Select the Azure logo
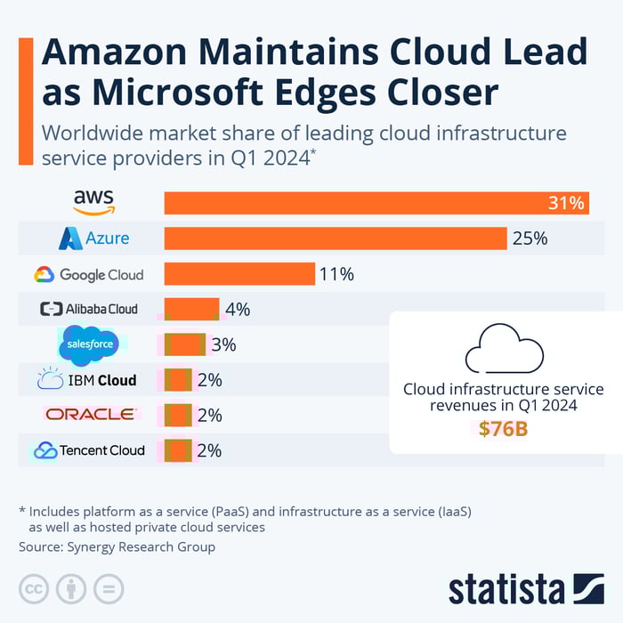(x=93, y=238)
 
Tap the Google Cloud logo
(x=88, y=274)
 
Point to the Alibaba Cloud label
(x=89, y=309)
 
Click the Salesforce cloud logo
(x=88, y=345)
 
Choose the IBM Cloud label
(x=87, y=380)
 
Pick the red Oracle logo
(x=90, y=414)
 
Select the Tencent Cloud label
(x=89, y=450)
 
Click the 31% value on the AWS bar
(x=566, y=203)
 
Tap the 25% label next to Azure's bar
(x=529, y=239)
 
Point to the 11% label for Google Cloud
(x=336, y=274)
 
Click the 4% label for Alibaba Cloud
(x=237, y=310)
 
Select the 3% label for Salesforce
(x=223, y=345)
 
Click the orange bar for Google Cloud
(x=239, y=274)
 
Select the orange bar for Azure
(x=336, y=239)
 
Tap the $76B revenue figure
(x=503, y=429)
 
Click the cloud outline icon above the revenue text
(x=504, y=349)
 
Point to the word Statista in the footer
(x=506, y=589)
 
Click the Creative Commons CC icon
(x=34, y=588)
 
